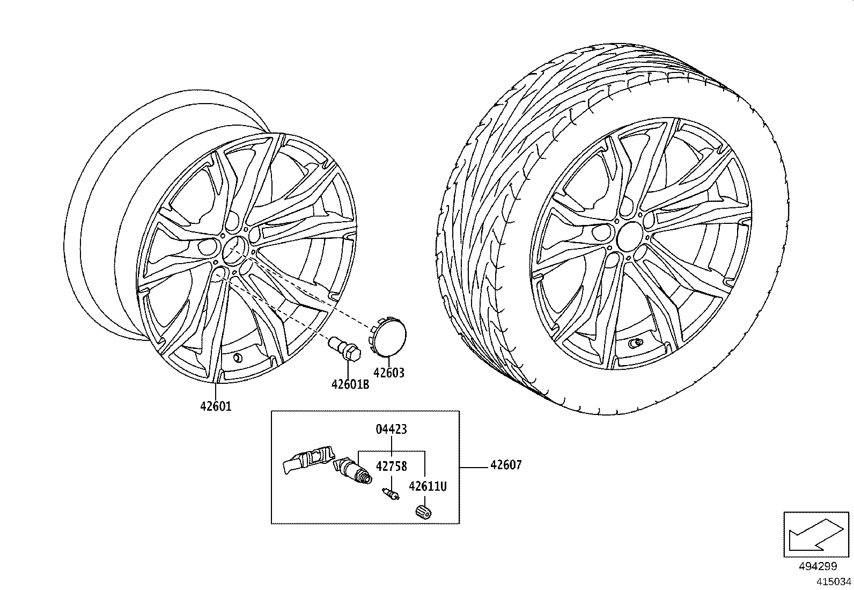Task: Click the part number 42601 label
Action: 216,406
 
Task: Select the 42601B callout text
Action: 350,384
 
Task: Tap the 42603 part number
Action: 389,373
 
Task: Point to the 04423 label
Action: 392,429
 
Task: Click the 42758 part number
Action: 391,466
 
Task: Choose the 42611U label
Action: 428,486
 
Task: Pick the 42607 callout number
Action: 505,465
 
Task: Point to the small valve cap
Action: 423,512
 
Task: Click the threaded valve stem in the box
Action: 355,470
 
